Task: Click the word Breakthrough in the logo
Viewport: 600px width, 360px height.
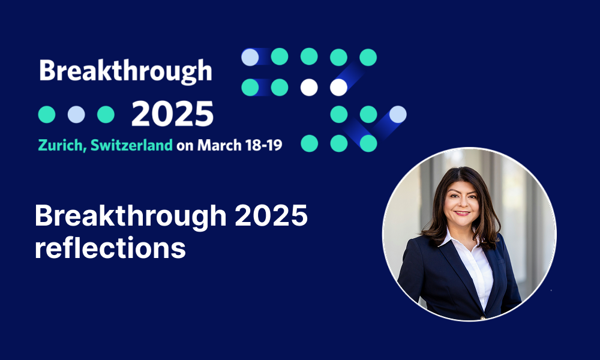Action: point(125,71)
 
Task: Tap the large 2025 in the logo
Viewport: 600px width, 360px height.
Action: point(172,114)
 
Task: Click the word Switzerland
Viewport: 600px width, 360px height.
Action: point(131,145)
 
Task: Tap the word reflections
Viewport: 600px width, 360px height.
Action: point(110,248)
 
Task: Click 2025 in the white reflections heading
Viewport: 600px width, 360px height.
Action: point(271,215)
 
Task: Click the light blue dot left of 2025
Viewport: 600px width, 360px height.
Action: point(76,115)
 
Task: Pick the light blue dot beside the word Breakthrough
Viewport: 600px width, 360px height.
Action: point(250,57)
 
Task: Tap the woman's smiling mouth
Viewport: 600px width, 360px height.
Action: point(462,213)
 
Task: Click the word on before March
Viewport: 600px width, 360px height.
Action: point(185,146)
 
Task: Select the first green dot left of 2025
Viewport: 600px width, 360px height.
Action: point(47,115)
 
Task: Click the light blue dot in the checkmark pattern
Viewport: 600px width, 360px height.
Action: point(398,115)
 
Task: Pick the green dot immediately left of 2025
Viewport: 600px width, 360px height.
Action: point(106,115)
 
